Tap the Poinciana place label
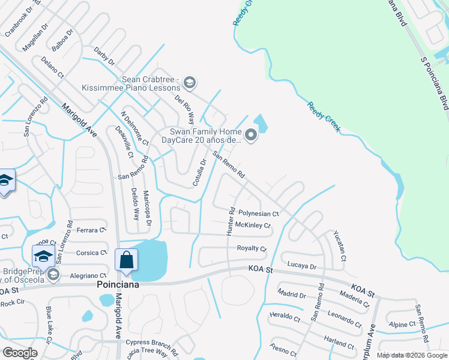118,284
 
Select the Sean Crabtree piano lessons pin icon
190,83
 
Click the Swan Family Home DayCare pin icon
251,136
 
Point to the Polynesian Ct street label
259,214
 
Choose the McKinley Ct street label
253,226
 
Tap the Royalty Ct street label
252,248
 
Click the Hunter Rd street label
231,221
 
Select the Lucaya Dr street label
302,266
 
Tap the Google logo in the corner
19,353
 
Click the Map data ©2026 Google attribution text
411,356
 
